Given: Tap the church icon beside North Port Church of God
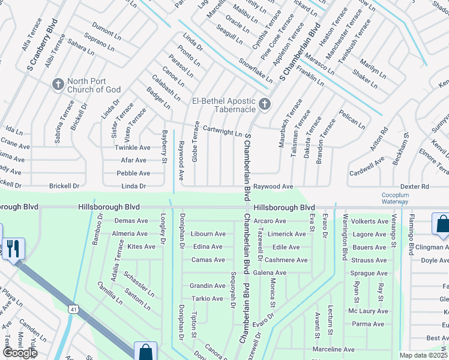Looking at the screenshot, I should click(x=58, y=83).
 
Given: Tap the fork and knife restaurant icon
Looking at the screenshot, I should click(x=13, y=248).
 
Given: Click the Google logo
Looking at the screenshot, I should click(x=19, y=353).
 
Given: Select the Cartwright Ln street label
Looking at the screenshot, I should click(x=222, y=130).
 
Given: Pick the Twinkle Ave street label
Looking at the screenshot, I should click(x=133, y=148).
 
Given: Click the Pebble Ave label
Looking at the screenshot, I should click(x=133, y=173).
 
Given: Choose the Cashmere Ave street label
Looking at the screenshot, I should click(x=286, y=260).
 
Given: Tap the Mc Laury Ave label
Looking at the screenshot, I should click(x=368, y=311).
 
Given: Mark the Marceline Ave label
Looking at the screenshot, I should click(x=333, y=349).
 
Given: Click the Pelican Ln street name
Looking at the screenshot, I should click(x=352, y=120).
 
